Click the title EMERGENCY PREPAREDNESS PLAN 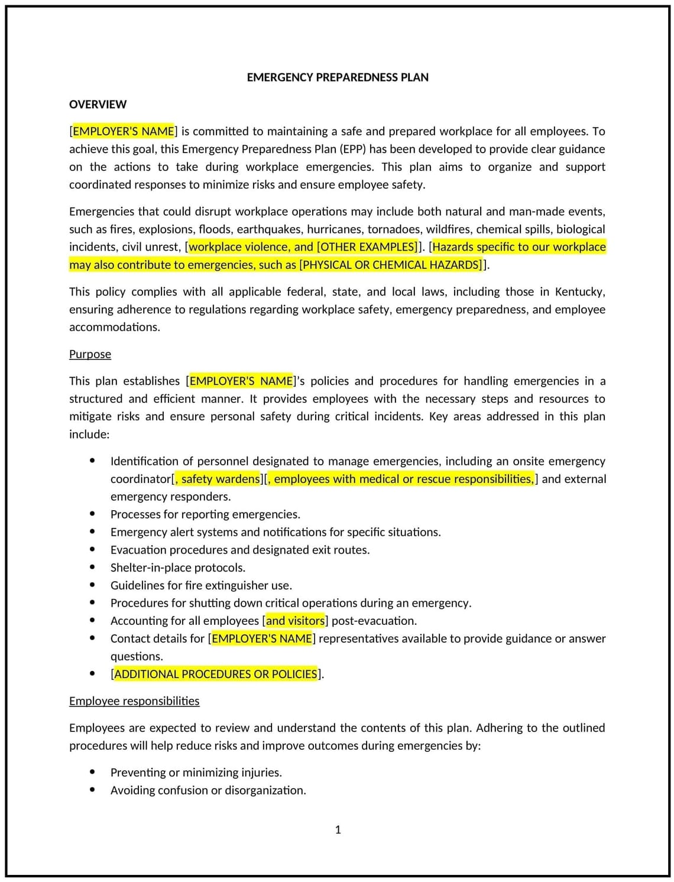pos(337,77)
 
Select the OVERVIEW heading pos(98,105)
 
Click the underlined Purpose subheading pos(90,354)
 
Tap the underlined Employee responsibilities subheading pos(134,701)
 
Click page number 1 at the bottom pos(338,830)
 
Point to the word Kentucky pos(578,291)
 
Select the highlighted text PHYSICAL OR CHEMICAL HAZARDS pos(391,265)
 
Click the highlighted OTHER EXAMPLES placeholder pos(367,247)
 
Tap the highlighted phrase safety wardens pos(220,479)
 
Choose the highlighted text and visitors pos(295,621)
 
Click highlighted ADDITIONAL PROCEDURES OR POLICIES pos(216,674)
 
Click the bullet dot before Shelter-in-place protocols pos(92,567)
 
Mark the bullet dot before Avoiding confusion pos(92,789)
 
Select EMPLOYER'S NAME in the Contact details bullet pos(261,638)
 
